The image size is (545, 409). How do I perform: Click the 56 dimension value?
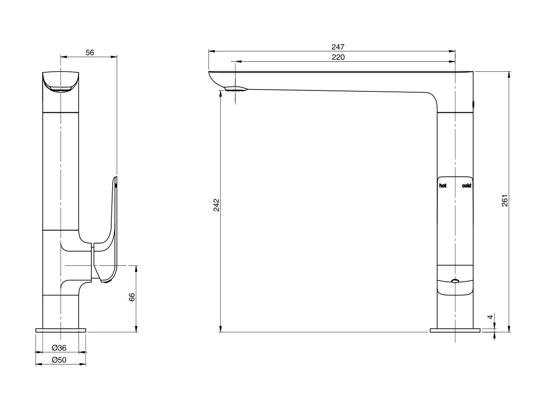coord(89,52)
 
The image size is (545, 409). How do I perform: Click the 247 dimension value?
coord(338,47)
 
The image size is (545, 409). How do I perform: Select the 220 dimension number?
coord(338,57)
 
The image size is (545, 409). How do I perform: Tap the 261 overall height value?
coord(505,200)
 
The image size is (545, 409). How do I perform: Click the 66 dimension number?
coord(132,298)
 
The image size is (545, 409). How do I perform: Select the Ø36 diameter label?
coord(59,348)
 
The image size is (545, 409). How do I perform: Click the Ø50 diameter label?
coord(59,360)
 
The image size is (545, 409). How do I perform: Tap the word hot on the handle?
coord(443,186)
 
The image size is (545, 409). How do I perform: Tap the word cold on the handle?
coord(466,186)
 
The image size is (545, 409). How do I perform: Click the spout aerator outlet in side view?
coord(234,90)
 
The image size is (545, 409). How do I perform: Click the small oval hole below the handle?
coord(455,281)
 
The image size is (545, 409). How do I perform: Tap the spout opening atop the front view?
coord(61,89)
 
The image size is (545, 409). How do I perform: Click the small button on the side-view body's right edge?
coord(474,104)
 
